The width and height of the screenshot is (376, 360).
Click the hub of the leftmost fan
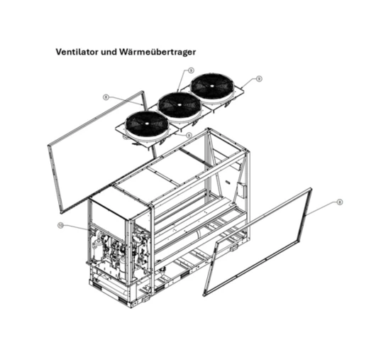145,125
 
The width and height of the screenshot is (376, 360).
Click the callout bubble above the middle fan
191,70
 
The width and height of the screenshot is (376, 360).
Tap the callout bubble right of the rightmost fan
260,79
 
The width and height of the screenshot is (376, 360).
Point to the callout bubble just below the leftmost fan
189,135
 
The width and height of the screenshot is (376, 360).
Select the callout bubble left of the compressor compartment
60,226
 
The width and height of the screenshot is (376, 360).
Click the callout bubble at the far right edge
341,202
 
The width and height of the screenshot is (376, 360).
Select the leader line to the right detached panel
323,208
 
